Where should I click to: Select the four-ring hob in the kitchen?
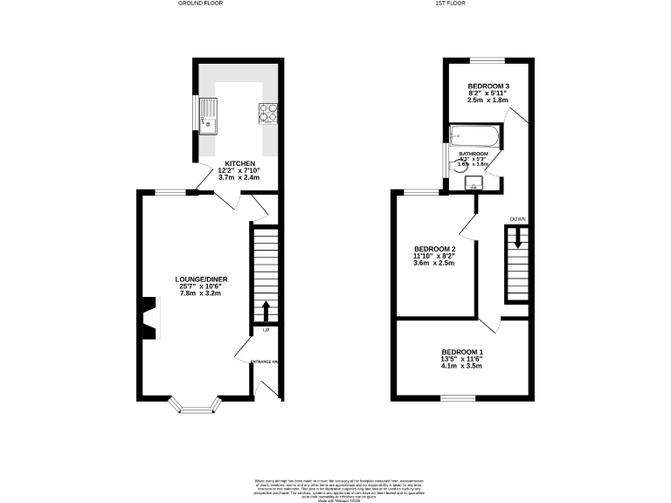coord(267,112)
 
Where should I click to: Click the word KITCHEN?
coord(239,164)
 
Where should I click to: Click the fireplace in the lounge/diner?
coord(149,316)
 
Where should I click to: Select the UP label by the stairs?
coord(265,331)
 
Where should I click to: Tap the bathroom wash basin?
coord(474,182)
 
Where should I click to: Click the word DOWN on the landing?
coord(518,218)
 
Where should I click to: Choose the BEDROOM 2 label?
coord(434,248)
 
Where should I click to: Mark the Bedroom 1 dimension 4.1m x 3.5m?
coord(461,366)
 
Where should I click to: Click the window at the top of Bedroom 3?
coord(486,59)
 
